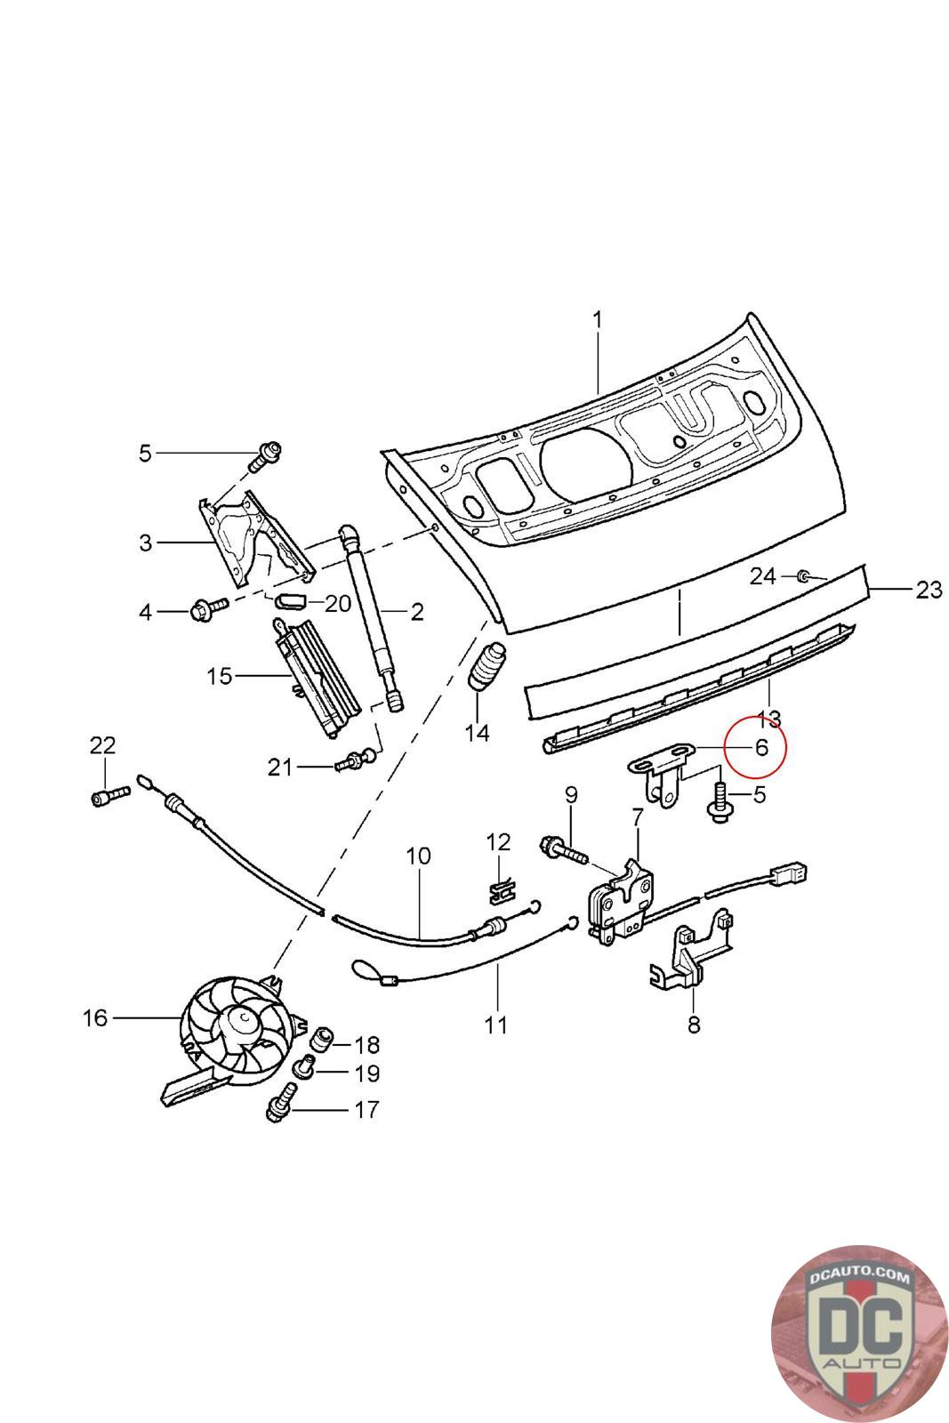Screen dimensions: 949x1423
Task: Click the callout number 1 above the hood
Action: click(x=597, y=321)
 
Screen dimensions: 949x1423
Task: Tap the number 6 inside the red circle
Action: click(x=760, y=748)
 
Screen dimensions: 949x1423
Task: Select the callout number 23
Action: click(x=929, y=590)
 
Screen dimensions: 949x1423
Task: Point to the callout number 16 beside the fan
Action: click(x=95, y=1018)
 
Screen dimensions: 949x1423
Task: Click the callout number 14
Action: click(x=477, y=734)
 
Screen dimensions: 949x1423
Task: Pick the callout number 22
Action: click(x=102, y=745)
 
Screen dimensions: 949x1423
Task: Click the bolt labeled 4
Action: click(x=210, y=609)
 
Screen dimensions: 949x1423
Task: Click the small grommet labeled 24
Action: click(x=803, y=576)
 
